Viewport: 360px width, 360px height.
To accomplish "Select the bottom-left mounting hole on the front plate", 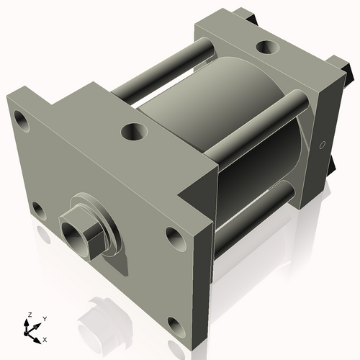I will pos(37,210).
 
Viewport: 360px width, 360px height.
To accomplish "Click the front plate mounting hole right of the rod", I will pos(174,235).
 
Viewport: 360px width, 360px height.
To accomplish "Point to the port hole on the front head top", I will pos(133,132).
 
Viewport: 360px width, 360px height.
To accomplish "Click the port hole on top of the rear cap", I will pos(267,48).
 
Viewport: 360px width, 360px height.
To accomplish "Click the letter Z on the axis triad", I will pos(29,315).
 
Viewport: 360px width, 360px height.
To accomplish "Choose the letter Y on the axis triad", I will pos(44,318).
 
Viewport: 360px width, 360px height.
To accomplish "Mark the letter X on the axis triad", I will pos(45,338).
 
